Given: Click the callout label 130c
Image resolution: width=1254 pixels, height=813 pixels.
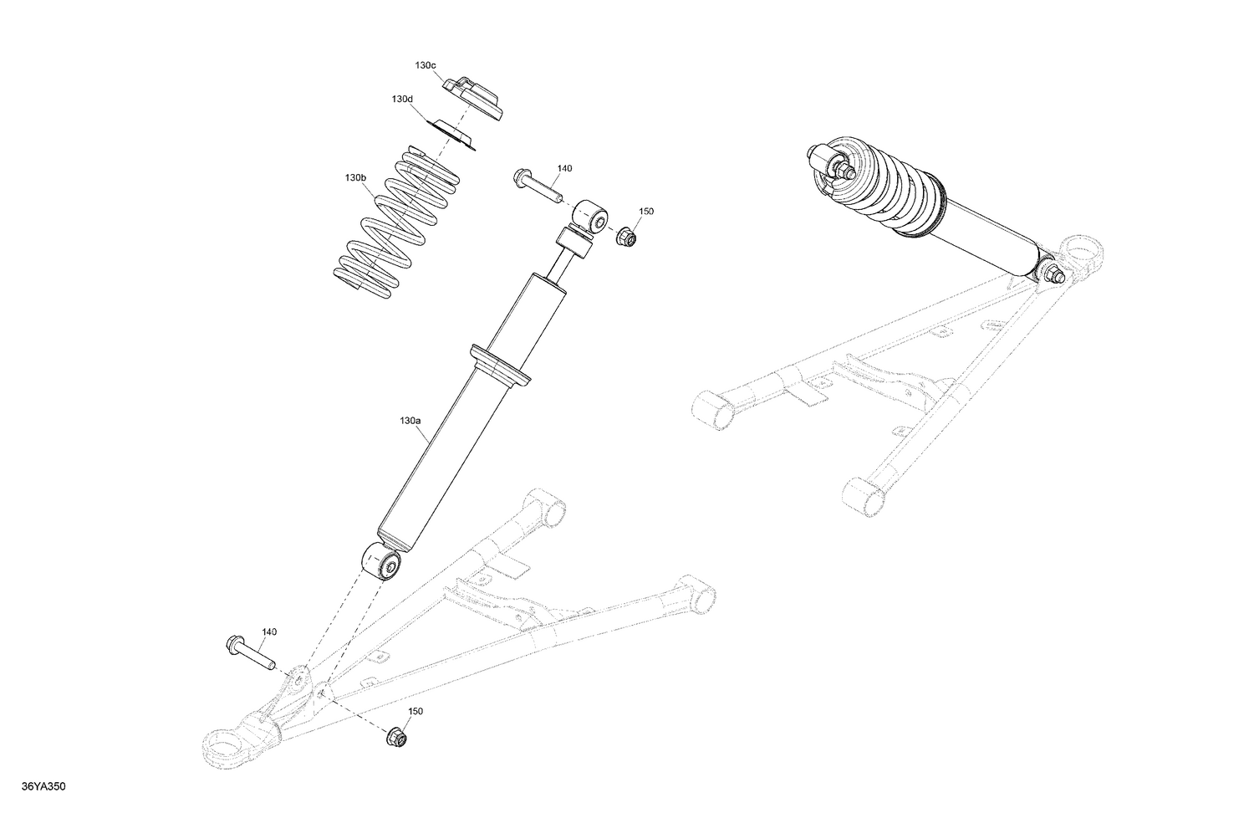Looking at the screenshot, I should pyautogui.click(x=425, y=65).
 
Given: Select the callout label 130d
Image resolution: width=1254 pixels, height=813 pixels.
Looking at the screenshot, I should pyautogui.click(x=402, y=99).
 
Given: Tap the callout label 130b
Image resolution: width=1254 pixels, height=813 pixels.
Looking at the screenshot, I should pyautogui.click(x=355, y=178).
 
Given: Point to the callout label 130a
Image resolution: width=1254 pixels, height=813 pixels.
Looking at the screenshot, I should pyautogui.click(x=410, y=421).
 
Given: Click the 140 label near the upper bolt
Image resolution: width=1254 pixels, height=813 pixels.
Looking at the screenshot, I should pyautogui.click(x=564, y=168).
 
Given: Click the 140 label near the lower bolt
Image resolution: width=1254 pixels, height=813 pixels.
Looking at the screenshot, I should pyautogui.click(x=269, y=631).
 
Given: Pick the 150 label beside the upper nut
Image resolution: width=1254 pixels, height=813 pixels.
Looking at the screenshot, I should pyautogui.click(x=646, y=212).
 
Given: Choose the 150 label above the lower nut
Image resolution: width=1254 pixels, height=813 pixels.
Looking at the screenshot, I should pyautogui.click(x=415, y=711).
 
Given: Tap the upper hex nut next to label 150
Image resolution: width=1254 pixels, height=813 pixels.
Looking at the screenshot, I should pyautogui.click(x=626, y=238).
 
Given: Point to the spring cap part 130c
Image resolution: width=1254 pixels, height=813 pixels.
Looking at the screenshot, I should pyautogui.click(x=475, y=96).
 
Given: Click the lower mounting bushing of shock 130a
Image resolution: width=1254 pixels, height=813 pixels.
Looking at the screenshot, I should pyautogui.click(x=383, y=560).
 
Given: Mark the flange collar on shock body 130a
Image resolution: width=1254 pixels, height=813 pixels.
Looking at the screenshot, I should pyautogui.click(x=501, y=366).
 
